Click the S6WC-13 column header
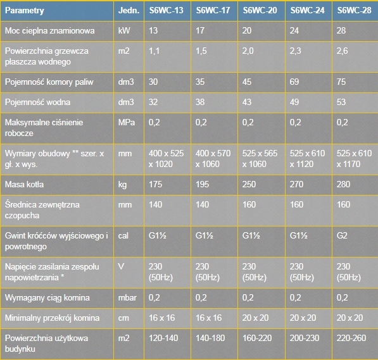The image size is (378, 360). pyautogui.click(x=166, y=10)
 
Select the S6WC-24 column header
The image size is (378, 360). pyautogui.click(x=307, y=10)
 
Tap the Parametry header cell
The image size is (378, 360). pyautogui.click(x=24, y=11)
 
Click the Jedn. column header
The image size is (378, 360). pyautogui.click(x=129, y=10)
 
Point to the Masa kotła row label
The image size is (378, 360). pyautogui.click(x=24, y=184)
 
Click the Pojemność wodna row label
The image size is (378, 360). pyautogui.click(x=37, y=102)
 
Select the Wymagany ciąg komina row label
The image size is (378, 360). pyautogui.click(x=47, y=298)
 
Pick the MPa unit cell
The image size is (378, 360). pyautogui.click(x=127, y=122)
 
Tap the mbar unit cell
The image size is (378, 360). pyautogui.click(x=127, y=298)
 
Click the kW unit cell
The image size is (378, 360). pyautogui.click(x=124, y=30)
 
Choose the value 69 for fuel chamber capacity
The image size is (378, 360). pyautogui.click(x=294, y=82)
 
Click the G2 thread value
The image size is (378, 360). pyautogui.click(x=342, y=235)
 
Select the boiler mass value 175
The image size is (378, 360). pyautogui.click(x=156, y=184)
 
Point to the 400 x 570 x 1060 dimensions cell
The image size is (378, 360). pyautogui.click(x=213, y=159)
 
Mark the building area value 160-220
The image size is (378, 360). pyautogui.click(x=257, y=338)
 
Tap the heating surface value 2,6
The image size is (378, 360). pyautogui.click(x=343, y=51)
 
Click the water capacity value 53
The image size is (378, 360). pyautogui.click(x=341, y=102)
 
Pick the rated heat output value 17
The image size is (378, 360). pyautogui.click(x=200, y=30)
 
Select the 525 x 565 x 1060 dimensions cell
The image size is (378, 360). pyautogui.click(x=260, y=159)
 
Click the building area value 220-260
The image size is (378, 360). pyautogui.click(x=351, y=338)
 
